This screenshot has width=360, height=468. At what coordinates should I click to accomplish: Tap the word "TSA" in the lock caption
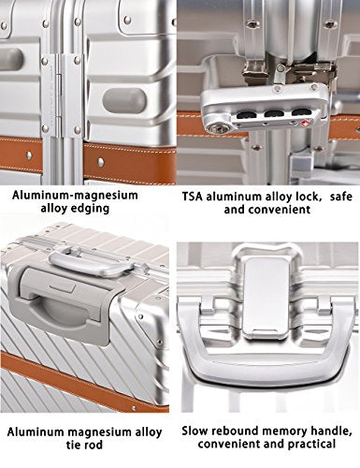pos(193,197)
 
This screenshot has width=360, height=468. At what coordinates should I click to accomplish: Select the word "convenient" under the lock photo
pos(280,210)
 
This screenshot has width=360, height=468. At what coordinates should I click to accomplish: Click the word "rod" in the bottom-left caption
pos(94,445)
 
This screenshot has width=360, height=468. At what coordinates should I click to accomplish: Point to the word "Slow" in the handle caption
pos(194,431)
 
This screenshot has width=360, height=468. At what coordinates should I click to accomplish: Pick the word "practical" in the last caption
pos(310,444)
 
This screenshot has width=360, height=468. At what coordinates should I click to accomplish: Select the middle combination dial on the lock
pos(271,114)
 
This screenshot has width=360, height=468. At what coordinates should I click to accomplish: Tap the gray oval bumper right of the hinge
pos(124,100)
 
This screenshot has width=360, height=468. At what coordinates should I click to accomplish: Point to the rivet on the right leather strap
pos(101,161)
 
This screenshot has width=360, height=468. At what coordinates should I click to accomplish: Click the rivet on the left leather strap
pos(29,155)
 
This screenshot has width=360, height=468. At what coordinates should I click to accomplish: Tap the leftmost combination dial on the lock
pos(244,115)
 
